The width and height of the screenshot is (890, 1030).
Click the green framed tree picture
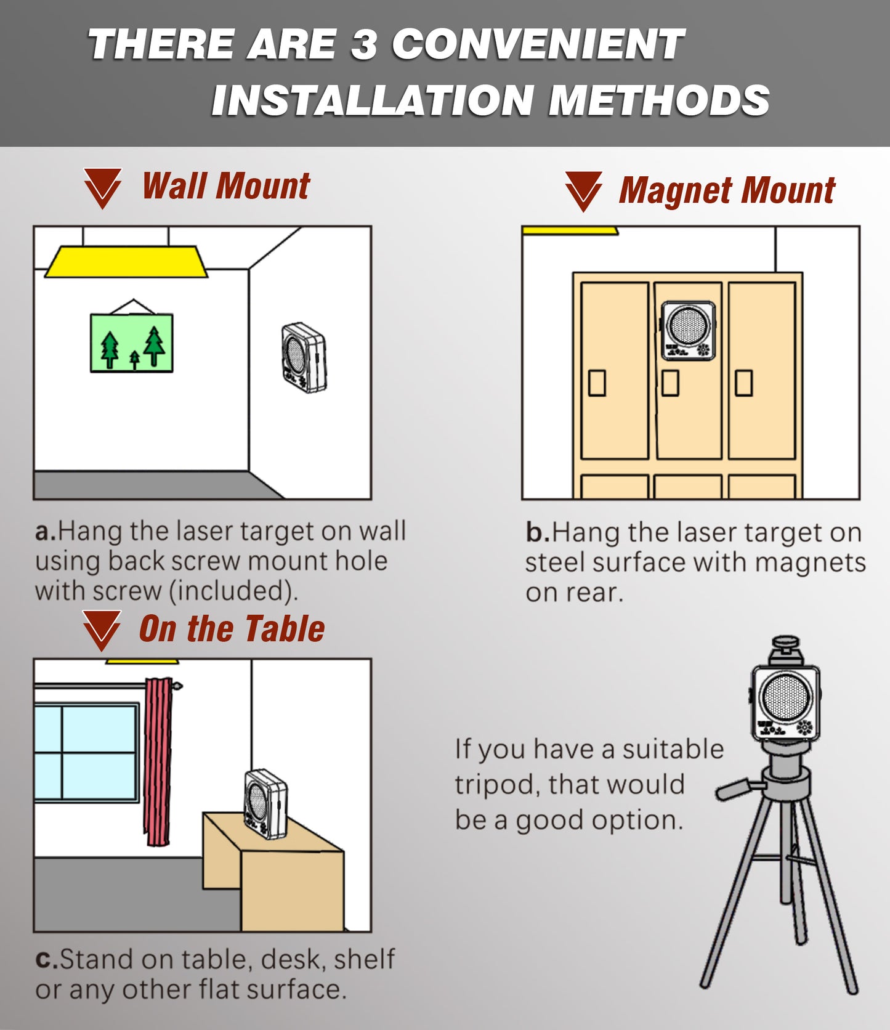coord(131,343)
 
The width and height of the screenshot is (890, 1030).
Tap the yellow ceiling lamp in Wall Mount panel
coord(126,261)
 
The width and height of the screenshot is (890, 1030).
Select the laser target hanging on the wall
coord(304,358)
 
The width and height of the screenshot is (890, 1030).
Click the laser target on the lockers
coord(689,330)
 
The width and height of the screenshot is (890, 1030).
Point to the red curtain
coord(158,762)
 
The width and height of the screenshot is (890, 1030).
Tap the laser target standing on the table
coord(266,804)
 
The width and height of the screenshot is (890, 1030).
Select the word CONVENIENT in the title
coord(538,44)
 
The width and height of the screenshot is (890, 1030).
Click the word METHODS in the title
coord(659,100)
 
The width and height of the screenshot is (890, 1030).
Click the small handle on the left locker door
coord(597,383)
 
